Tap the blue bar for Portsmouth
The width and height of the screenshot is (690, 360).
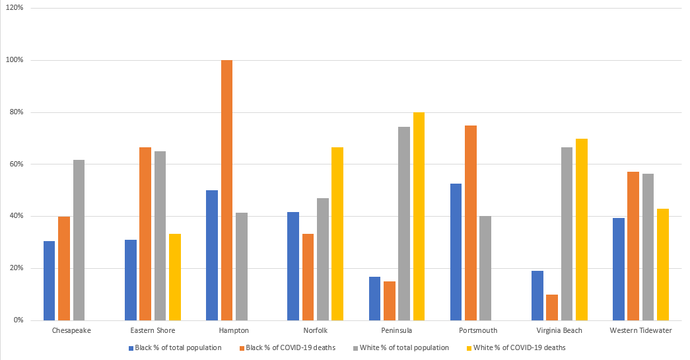point(456,252)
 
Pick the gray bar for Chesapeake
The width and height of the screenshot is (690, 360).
point(79,240)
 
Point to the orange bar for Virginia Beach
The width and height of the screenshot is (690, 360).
point(552,307)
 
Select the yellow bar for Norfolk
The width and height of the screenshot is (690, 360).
point(337,234)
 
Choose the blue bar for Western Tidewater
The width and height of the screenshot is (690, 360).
point(618,269)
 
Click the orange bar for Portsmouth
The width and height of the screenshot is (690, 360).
point(470,223)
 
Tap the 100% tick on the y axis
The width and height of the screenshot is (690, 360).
point(15,60)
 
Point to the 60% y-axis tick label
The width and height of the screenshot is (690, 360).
point(16,164)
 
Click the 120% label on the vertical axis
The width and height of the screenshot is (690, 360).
point(15,9)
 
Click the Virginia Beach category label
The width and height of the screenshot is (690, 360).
point(560,330)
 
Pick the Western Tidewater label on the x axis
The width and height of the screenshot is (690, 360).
point(640,330)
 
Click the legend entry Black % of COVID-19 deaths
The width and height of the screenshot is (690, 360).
point(294,347)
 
